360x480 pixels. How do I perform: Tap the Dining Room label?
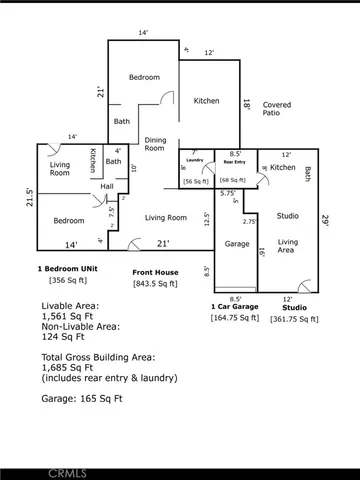point(155,143)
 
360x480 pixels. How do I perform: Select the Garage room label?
point(236,243)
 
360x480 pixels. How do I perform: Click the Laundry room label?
point(195,160)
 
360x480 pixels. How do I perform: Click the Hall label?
point(106,186)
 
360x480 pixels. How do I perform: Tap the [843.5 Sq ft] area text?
point(155,283)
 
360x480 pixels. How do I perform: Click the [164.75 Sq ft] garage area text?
point(236,317)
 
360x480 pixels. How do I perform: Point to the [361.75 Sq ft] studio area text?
point(295,318)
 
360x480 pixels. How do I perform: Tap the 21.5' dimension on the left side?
point(30,197)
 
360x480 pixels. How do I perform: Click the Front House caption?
point(155,272)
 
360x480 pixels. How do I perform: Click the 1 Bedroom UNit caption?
point(72,269)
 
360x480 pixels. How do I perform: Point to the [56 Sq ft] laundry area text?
point(195,181)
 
